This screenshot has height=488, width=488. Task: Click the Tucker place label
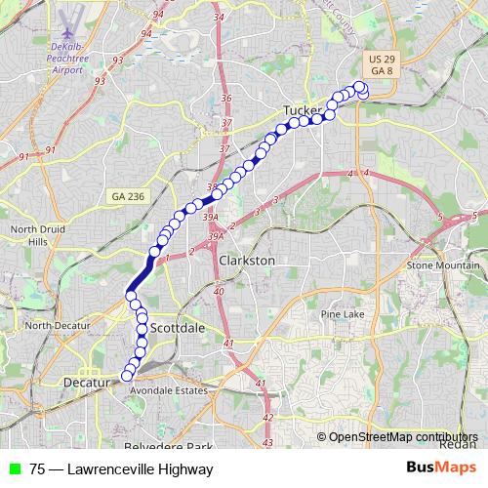click(x=302, y=110)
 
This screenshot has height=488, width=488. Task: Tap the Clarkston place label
click(x=247, y=261)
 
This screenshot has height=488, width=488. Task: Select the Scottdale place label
click(x=177, y=328)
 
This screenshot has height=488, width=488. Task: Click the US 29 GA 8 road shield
click(x=383, y=65)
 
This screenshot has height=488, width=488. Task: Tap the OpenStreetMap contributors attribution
click(x=402, y=436)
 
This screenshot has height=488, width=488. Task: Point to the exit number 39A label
click(x=215, y=235)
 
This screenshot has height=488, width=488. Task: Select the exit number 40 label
click(x=219, y=291)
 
